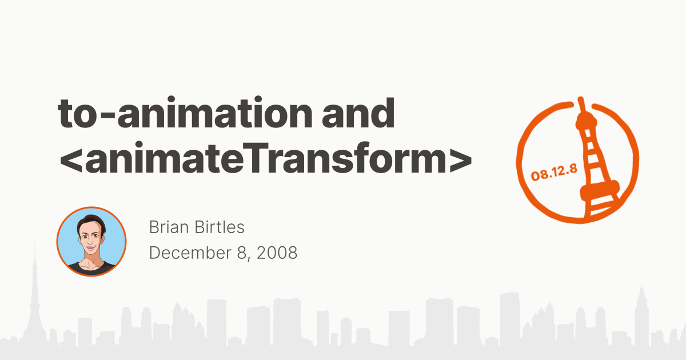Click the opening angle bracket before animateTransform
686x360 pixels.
tap(70, 161)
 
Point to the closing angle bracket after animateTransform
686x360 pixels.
tap(460, 161)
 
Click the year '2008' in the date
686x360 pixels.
tap(277, 252)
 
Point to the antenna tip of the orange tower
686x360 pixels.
tap(581, 101)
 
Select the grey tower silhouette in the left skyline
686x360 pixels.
tap(35, 303)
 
